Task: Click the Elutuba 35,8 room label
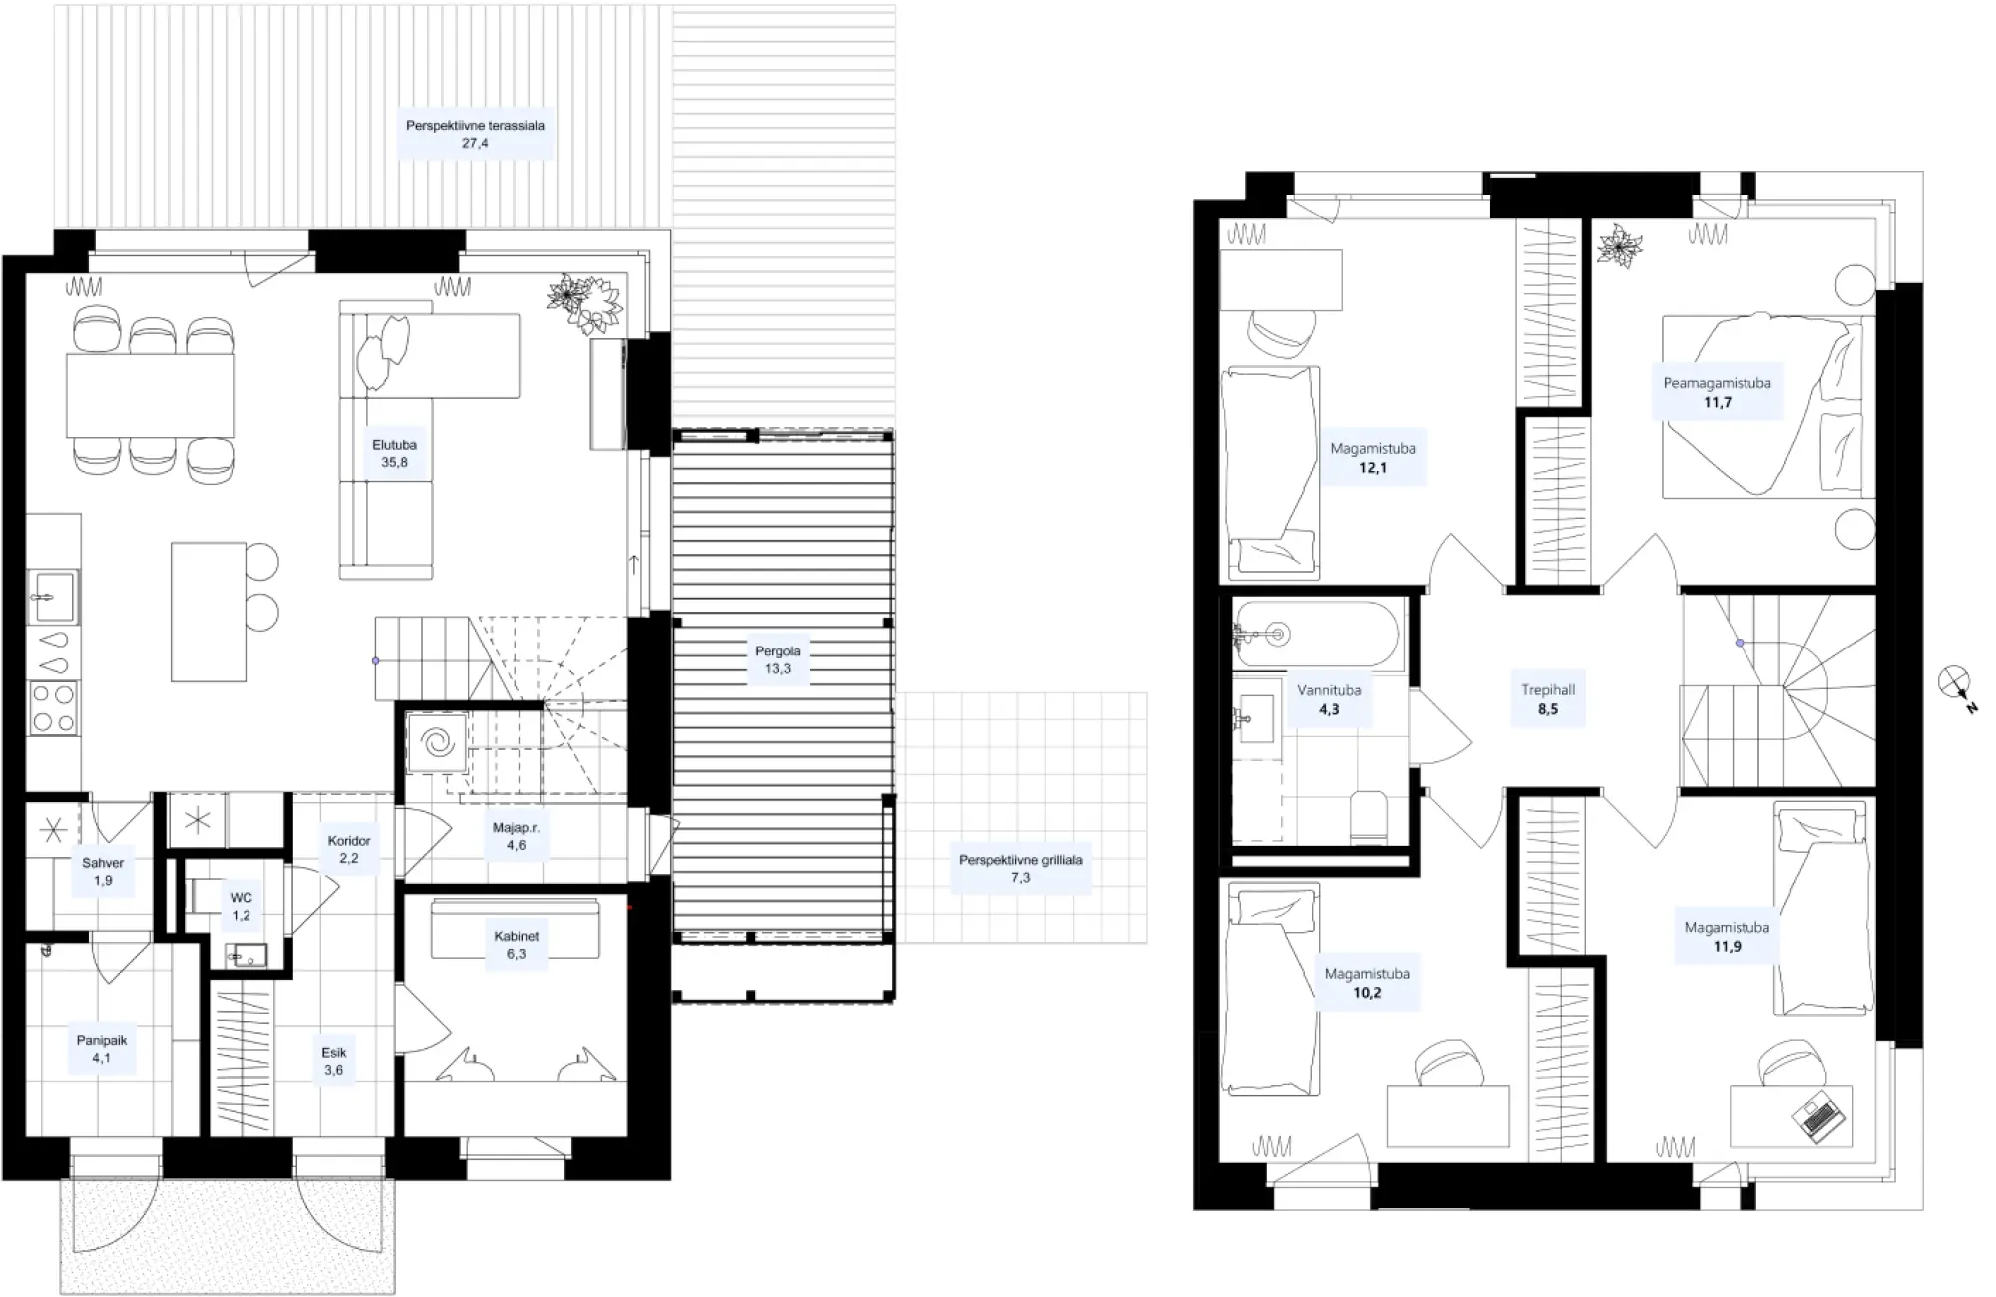pyautogui.click(x=394, y=453)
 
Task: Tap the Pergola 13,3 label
pyautogui.click(x=778, y=659)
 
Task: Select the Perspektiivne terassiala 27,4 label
pyautogui.click(x=475, y=134)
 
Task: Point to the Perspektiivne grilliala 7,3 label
pyautogui.click(x=1020, y=868)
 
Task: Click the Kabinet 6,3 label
pyautogui.click(x=516, y=945)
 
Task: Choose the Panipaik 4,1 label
pyautogui.click(x=102, y=1049)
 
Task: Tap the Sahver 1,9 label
pyautogui.click(x=103, y=872)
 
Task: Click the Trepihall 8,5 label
pyautogui.click(x=1548, y=699)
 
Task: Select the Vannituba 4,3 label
pyautogui.click(x=1329, y=699)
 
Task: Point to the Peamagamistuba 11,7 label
pyautogui.click(x=1717, y=392)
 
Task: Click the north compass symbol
pyautogui.click(x=1957, y=688)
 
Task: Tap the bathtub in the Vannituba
pyautogui.click(x=1318, y=633)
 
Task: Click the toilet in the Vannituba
pyautogui.click(x=1367, y=815)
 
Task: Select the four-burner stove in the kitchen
pyautogui.click(x=53, y=707)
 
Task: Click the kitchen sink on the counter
pyautogui.click(x=52, y=597)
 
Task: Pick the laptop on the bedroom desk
pyautogui.click(x=1818, y=1116)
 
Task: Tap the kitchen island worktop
pyautogui.click(x=209, y=612)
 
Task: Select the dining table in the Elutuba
pyautogui.click(x=151, y=395)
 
